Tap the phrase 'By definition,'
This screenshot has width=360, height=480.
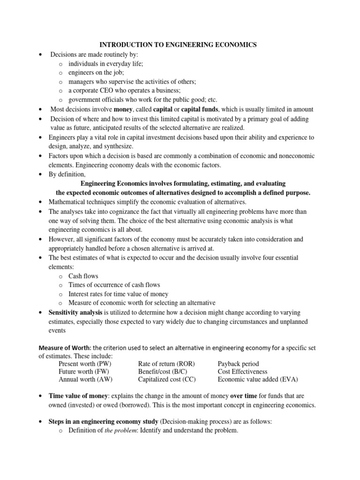(x=67, y=174)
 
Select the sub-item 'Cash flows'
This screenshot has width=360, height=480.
(x=83, y=276)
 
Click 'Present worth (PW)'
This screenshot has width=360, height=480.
(x=85, y=364)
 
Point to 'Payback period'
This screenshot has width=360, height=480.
(x=238, y=364)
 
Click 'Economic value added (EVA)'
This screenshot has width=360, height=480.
(x=258, y=379)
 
